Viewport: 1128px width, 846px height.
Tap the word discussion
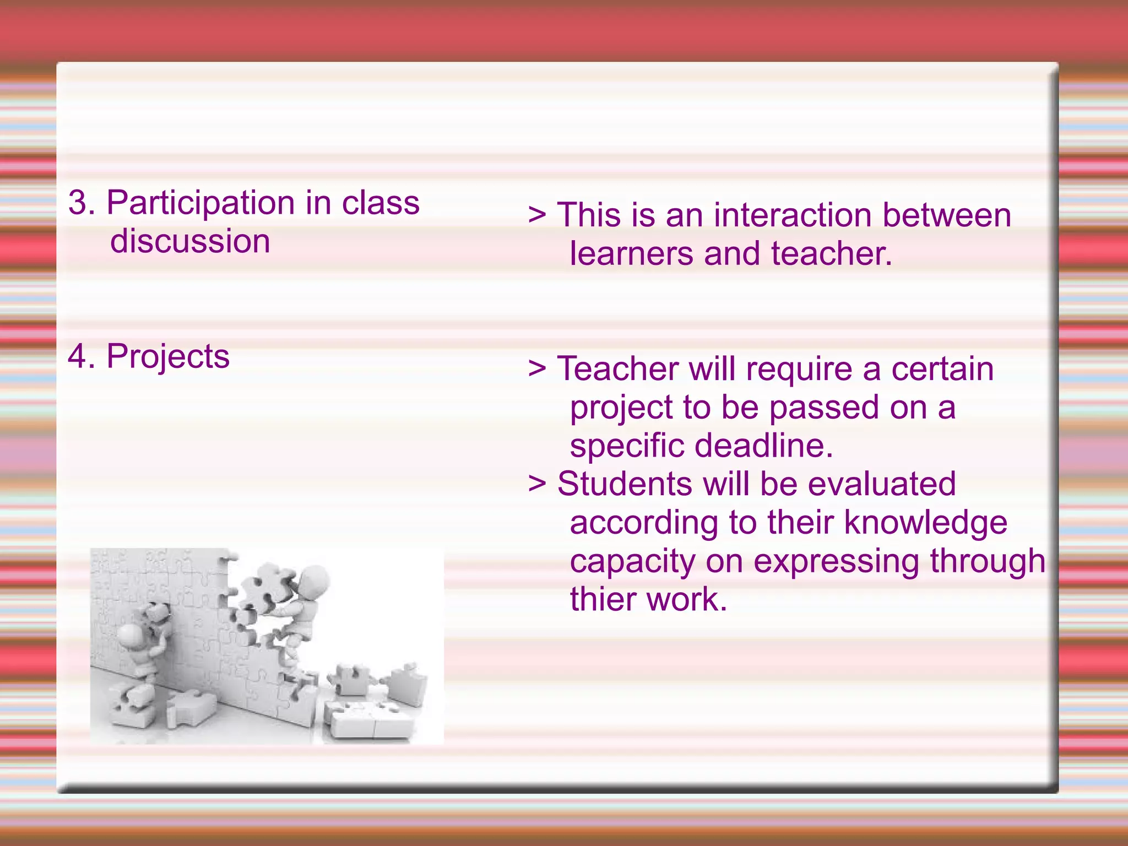(190, 241)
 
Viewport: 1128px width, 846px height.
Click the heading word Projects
(168, 357)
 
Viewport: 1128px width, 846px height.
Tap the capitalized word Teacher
(617, 368)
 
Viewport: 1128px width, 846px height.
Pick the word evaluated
(881, 484)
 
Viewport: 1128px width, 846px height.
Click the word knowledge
(925, 522)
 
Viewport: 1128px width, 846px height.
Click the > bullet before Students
(537, 484)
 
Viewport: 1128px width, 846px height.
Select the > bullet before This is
(537, 215)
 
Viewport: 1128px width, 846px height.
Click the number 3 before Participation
(78, 203)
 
